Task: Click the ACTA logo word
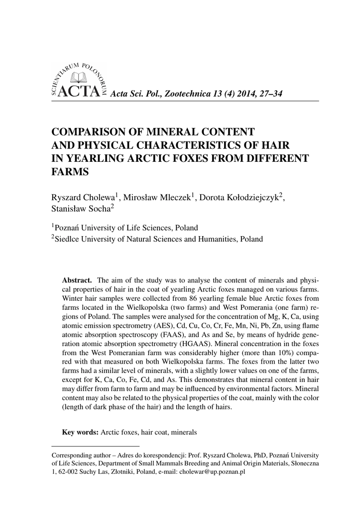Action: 79,92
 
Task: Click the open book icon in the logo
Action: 79,78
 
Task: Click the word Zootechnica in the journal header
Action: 188,94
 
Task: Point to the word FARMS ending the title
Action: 71,172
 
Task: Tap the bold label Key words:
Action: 80,432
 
